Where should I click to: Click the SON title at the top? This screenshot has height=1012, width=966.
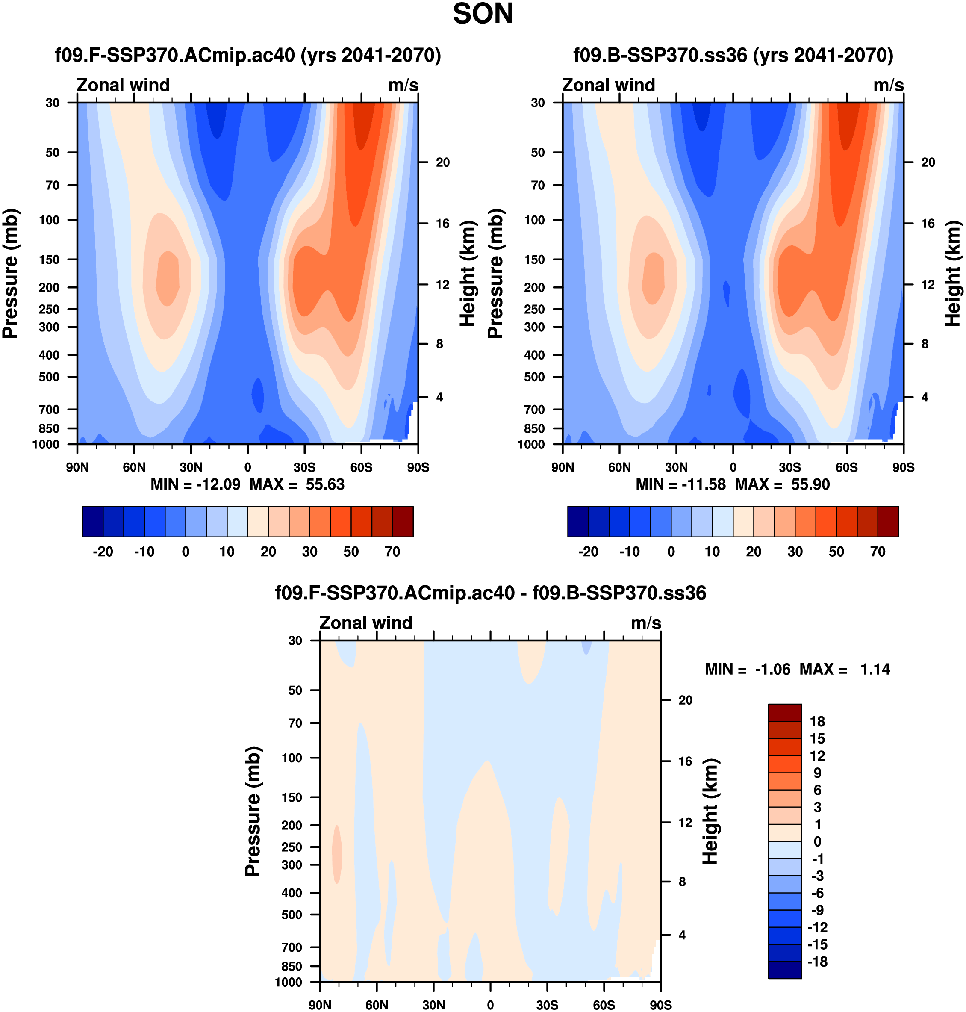(x=483, y=14)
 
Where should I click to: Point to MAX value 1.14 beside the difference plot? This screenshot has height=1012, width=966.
(x=875, y=670)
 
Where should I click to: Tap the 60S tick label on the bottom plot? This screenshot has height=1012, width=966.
(x=604, y=1005)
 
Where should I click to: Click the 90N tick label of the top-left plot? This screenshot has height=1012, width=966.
(x=77, y=468)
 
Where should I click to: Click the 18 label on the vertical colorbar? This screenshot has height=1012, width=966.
(x=817, y=722)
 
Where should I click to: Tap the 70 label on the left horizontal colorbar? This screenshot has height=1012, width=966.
(x=392, y=552)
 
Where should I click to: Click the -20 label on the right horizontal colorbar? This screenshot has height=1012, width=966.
(x=588, y=552)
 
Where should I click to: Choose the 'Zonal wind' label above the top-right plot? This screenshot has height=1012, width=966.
(x=608, y=85)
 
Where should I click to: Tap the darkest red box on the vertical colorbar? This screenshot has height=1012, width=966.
(x=785, y=713)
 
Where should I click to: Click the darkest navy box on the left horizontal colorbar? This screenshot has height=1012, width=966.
(x=93, y=522)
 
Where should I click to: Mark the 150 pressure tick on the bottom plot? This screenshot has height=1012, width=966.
(x=292, y=797)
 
